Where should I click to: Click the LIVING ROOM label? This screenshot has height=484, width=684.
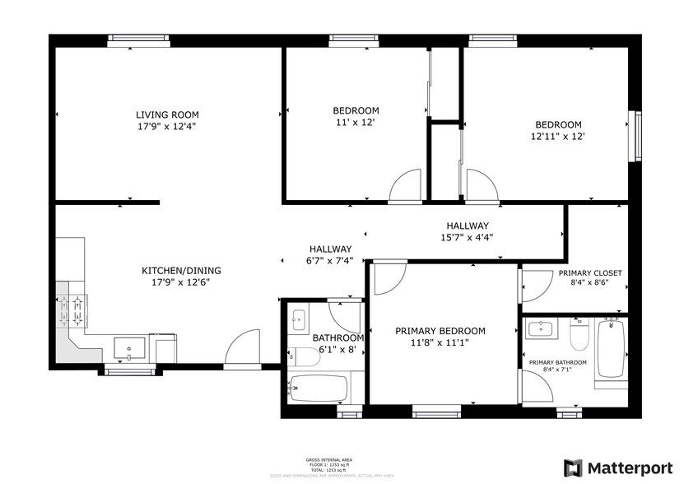(x=167, y=114)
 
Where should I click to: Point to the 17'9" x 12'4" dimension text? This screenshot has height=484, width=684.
(x=167, y=127)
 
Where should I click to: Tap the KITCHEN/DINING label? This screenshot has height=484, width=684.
(x=181, y=270)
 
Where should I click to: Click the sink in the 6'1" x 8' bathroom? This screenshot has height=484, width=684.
(x=298, y=320)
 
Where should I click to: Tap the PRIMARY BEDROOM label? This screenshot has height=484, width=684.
(x=440, y=331)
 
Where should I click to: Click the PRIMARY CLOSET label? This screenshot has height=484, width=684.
(x=589, y=272)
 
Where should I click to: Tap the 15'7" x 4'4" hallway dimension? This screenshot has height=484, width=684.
(x=468, y=237)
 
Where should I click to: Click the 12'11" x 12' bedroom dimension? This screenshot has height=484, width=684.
(x=557, y=137)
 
